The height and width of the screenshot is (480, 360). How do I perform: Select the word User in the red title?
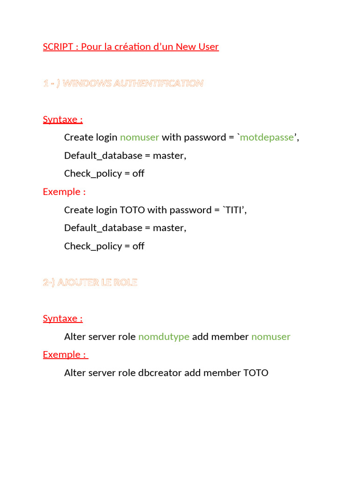point(209,47)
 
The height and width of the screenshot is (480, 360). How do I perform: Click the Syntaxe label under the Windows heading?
point(62,120)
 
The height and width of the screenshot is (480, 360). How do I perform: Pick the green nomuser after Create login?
point(140,137)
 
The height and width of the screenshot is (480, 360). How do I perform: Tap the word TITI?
point(234,210)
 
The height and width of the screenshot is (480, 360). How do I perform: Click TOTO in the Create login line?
point(133,210)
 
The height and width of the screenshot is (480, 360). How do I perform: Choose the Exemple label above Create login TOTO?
point(64,192)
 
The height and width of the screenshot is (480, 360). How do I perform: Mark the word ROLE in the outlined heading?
point(126,283)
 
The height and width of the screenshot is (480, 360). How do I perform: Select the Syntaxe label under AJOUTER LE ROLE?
point(62,319)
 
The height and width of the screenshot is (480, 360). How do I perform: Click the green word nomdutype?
point(164,337)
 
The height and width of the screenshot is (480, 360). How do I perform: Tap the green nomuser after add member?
point(271,337)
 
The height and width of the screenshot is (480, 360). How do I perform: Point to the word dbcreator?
point(160,373)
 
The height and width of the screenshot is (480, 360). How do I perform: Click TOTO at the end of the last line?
point(256,373)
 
